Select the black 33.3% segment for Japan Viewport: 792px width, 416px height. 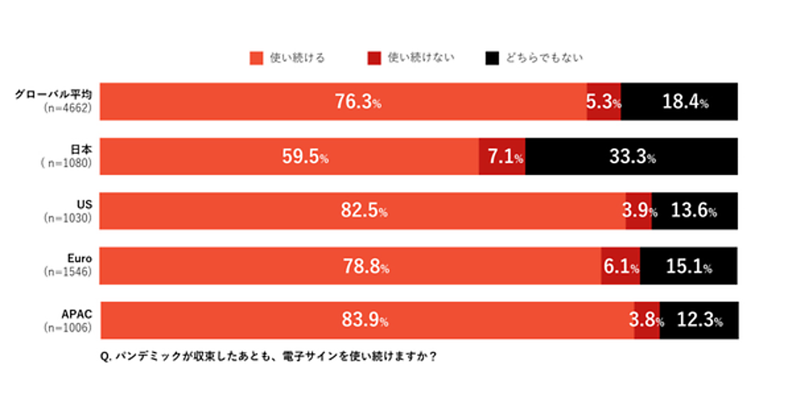(x=632, y=157)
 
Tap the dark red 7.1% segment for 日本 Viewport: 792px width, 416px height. (x=502, y=157)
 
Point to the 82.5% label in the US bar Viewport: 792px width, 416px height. (x=364, y=211)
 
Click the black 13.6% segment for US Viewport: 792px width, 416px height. (x=694, y=211)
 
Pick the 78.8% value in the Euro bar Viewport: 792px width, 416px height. (x=365, y=267)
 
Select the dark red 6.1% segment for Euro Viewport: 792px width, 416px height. (x=620, y=267)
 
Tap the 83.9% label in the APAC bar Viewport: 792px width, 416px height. (x=364, y=321)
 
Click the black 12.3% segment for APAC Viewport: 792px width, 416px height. (x=699, y=321)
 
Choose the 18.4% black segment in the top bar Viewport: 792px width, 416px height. (x=679, y=102)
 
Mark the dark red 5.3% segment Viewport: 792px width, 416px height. (x=604, y=102)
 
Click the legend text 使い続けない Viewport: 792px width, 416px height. (x=420, y=58)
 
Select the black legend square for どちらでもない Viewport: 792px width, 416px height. (x=491, y=58)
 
